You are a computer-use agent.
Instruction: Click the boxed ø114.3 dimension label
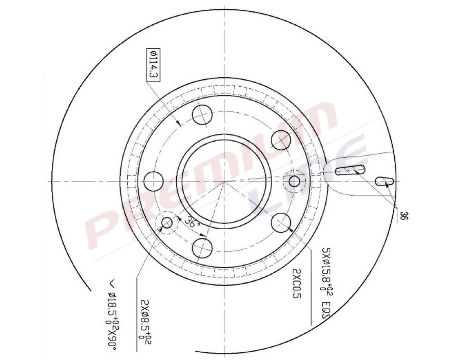click(x=152, y=64)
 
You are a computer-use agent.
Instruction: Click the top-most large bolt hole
click(x=202, y=114)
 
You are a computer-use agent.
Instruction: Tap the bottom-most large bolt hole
click(x=202, y=248)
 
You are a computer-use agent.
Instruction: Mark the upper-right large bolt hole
click(x=281, y=139)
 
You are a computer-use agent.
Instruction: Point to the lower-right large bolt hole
click(x=281, y=222)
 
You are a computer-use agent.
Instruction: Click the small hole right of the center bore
click(x=294, y=181)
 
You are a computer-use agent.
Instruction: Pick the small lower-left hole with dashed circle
click(x=167, y=223)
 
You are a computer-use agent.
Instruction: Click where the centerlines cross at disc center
click(x=224, y=181)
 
